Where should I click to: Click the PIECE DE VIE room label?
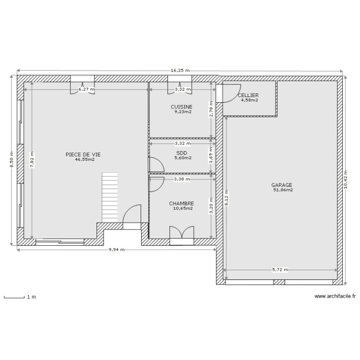(83, 155)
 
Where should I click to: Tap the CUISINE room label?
(181, 107)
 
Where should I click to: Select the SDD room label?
(182, 152)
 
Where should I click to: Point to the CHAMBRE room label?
(181, 204)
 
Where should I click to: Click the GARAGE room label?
(282, 185)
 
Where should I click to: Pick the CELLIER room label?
(248, 96)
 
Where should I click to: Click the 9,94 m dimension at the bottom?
(116, 250)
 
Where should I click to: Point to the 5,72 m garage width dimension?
(280, 270)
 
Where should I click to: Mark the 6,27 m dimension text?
(86, 89)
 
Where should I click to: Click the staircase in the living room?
(109, 197)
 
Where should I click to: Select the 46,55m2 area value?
(84, 159)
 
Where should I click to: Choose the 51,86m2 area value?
(283, 190)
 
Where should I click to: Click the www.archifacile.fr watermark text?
(336, 297)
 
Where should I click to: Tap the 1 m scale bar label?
(31, 298)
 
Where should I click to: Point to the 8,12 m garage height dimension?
(227, 196)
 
